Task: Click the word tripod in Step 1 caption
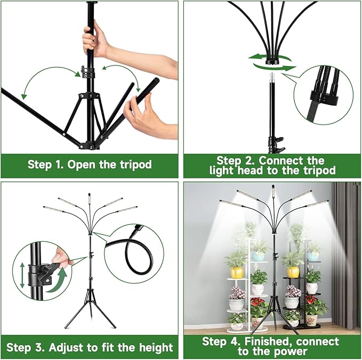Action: (134, 163)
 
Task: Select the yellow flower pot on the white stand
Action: (237, 272)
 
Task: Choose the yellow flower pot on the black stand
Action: (293, 272)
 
